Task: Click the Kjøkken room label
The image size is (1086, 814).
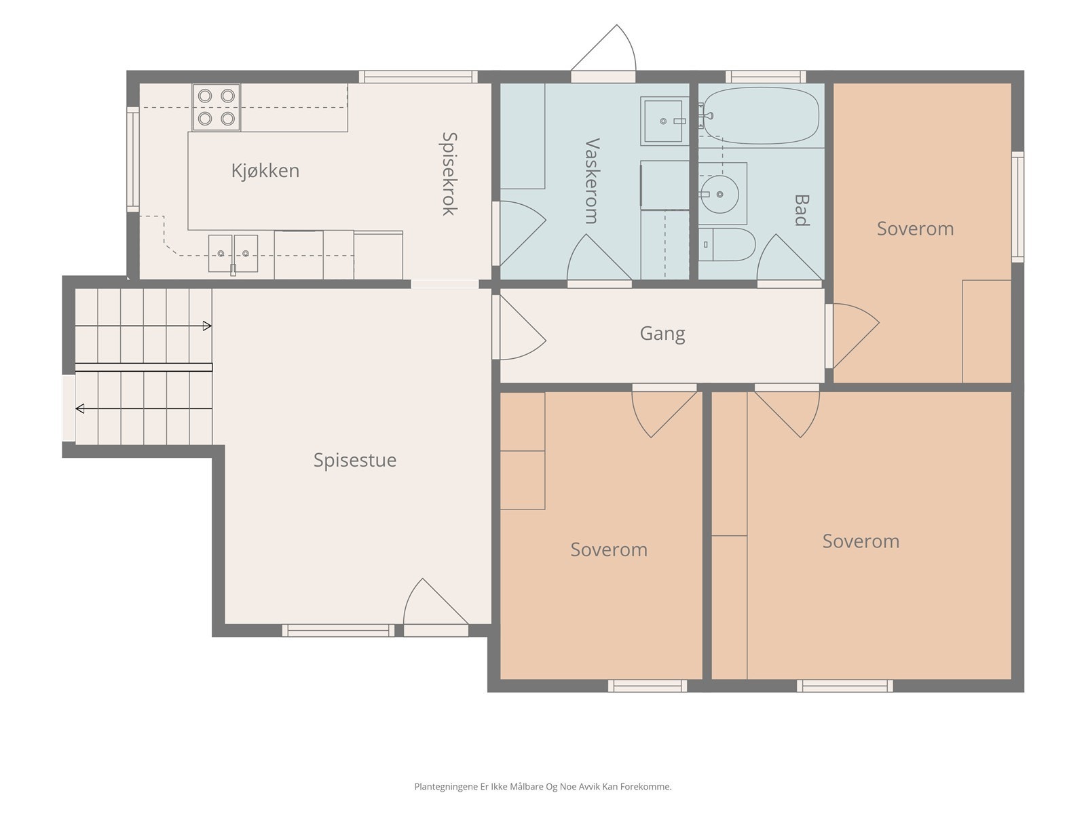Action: tap(265, 171)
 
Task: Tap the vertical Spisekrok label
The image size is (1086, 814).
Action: tap(449, 174)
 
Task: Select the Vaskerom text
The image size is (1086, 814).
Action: tap(593, 181)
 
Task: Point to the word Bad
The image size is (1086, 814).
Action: tap(802, 210)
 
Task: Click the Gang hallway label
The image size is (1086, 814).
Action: tap(662, 334)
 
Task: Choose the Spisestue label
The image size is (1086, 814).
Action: tap(355, 460)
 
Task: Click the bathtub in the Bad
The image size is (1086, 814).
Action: tap(761, 115)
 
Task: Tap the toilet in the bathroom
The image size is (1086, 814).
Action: tap(727, 244)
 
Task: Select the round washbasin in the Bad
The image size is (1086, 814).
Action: tap(720, 194)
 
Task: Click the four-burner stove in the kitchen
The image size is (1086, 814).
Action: tap(217, 107)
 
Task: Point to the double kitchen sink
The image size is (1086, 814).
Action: tap(233, 254)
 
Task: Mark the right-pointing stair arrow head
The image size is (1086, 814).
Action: tap(207, 326)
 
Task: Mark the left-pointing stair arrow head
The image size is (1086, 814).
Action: tap(79, 409)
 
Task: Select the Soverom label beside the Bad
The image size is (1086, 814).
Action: tap(916, 229)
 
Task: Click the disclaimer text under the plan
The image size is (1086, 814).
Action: tap(543, 786)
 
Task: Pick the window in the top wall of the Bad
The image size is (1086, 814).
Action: tap(766, 77)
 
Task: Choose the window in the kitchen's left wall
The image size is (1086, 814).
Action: tap(132, 159)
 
